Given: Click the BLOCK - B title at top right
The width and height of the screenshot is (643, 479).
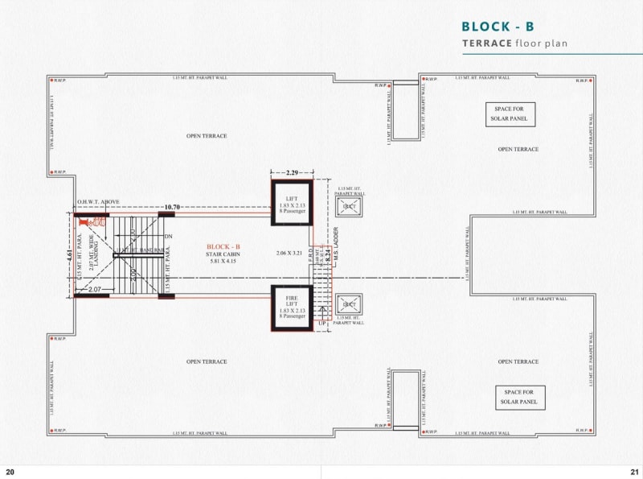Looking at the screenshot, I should pos(498,27).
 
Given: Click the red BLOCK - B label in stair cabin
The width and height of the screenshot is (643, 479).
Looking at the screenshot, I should pos(223,246).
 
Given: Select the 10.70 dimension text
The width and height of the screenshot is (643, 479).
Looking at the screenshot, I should pos(171,207).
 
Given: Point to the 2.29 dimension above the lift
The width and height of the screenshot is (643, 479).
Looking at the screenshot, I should pos(291,172).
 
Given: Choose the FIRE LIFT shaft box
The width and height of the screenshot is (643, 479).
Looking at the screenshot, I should pos(291,307).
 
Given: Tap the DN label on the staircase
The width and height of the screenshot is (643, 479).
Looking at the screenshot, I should pos(168,237).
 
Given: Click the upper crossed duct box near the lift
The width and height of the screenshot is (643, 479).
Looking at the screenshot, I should pos(350,207).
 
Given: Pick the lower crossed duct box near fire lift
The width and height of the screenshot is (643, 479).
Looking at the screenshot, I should pos(350,304).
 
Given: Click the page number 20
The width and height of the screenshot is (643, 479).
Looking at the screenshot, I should pos(10,471).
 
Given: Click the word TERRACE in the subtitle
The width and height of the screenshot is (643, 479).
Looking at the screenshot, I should pos(487,43).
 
